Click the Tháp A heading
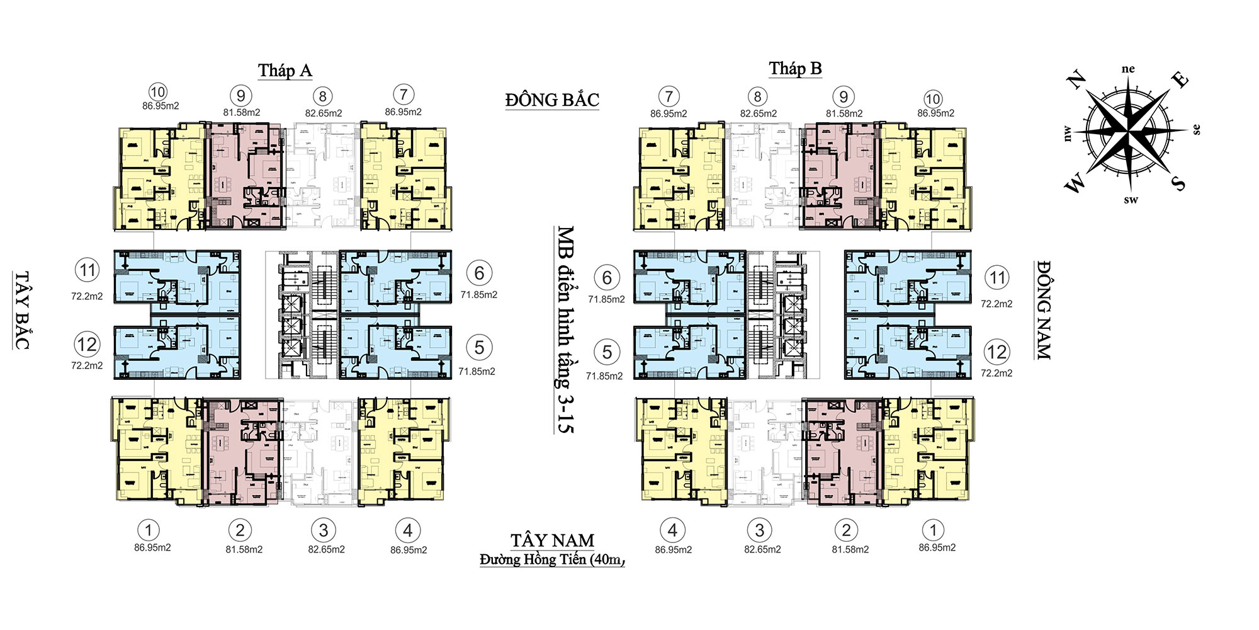[x=285, y=70]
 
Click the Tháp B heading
[x=795, y=68]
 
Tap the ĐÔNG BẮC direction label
[x=552, y=100]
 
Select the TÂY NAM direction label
[x=552, y=541]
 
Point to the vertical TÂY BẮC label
[x=22, y=310]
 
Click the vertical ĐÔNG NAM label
[x=1044, y=310]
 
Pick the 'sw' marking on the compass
[x=1131, y=200]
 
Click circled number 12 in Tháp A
[x=87, y=345]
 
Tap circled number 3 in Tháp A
[x=324, y=530]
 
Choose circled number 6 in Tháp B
[x=607, y=278]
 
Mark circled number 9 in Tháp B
[x=844, y=97]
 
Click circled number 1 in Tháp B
[x=934, y=530]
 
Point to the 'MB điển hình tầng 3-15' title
[x=565, y=329]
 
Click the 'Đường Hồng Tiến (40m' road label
[x=552, y=559]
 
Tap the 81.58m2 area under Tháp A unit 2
[x=244, y=549]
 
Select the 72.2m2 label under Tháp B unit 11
[x=996, y=304]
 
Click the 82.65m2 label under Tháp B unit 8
[x=759, y=114]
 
